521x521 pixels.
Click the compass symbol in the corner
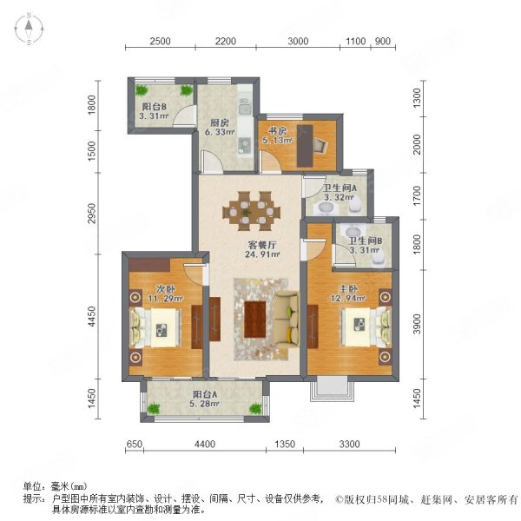pos(29,29)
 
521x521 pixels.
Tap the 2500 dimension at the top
pos(160,41)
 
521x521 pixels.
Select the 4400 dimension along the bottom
pos(205,444)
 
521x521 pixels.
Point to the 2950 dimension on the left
pos(92,213)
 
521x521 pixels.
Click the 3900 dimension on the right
pos(417,324)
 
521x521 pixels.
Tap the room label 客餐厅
pos(262,245)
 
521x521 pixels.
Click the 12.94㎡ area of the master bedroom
pos(348,298)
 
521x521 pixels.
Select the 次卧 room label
pos(165,289)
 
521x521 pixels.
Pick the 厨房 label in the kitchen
pos(220,122)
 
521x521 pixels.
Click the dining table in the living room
pos(251,211)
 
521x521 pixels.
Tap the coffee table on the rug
pos(254,319)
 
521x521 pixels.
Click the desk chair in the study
pos(320,145)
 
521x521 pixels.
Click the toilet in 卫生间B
pos(378,258)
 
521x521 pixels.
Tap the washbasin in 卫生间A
pos(326,208)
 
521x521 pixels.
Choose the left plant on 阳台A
pos(153,409)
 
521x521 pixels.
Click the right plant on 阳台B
pos(186,90)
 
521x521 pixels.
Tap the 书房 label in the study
pos(278,130)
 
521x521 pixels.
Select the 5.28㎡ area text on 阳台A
pos(204,404)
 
